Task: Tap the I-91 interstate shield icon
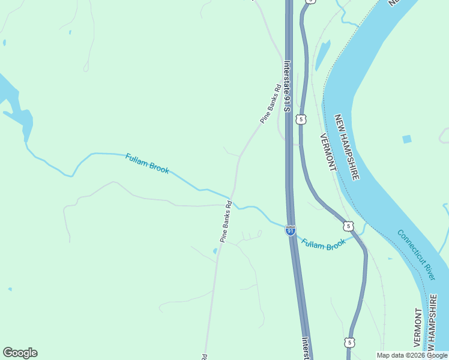pyautogui.click(x=291, y=230)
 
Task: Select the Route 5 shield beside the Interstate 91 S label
pyautogui.click(x=301, y=119)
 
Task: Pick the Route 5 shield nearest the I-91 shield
pyautogui.click(x=348, y=226)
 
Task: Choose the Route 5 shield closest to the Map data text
pyautogui.click(x=349, y=342)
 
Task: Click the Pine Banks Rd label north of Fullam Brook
pyautogui.click(x=271, y=105)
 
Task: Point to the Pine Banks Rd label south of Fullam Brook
pyautogui.click(x=225, y=221)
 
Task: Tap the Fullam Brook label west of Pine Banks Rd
pyautogui.click(x=147, y=164)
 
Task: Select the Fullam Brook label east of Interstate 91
pyautogui.click(x=324, y=244)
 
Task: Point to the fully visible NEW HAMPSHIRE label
pyautogui.click(x=347, y=148)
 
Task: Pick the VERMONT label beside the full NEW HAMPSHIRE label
pyautogui.click(x=327, y=152)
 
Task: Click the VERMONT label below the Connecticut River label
pyautogui.click(x=418, y=328)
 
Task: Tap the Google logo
pyautogui.click(x=20, y=353)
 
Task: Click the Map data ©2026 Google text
pyautogui.click(x=412, y=355)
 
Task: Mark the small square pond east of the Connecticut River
pyautogui.click(x=407, y=139)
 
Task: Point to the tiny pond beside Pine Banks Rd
pyautogui.click(x=215, y=251)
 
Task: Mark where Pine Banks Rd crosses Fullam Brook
pyautogui.click(x=232, y=198)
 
